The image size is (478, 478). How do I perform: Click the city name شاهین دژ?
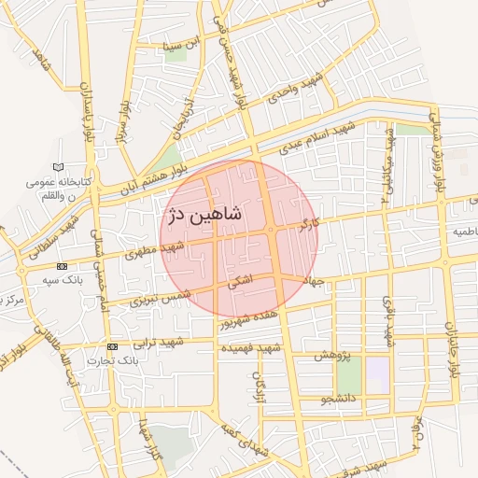[204, 214]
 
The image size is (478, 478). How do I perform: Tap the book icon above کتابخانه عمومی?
[61, 167]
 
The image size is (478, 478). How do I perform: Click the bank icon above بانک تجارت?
[112, 346]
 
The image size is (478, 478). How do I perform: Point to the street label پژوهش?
[331, 357]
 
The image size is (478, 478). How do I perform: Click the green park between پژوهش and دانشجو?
[348, 375]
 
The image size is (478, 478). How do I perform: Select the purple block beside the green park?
[376, 375]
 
